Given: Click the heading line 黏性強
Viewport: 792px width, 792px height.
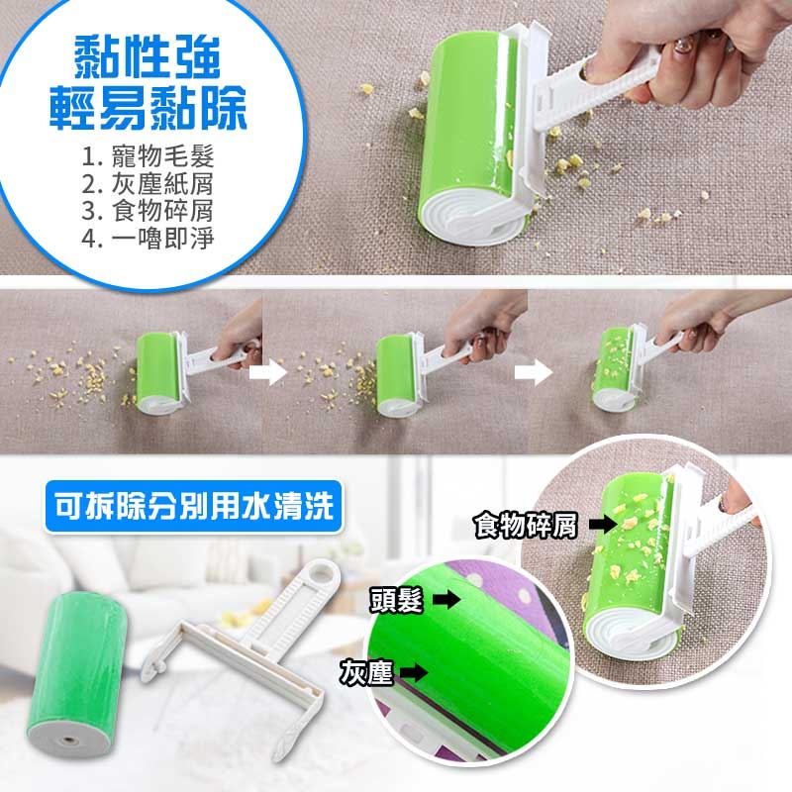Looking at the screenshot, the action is (x=147, y=57).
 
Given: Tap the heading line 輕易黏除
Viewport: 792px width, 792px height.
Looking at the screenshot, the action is (x=148, y=108).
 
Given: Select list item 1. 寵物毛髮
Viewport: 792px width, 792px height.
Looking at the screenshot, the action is (x=148, y=156).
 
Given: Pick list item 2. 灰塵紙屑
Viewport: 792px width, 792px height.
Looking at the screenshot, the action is (x=148, y=184).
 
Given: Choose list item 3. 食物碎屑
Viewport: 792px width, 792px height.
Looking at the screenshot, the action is (x=148, y=211).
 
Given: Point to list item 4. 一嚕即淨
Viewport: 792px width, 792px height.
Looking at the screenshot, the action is (x=148, y=238).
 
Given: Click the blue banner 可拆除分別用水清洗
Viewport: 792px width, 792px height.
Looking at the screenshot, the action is (x=194, y=506).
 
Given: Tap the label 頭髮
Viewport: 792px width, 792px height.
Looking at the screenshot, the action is (x=396, y=601).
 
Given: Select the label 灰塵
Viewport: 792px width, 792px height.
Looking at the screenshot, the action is (x=366, y=672).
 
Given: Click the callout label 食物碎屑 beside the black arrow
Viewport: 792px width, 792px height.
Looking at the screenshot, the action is (x=526, y=526).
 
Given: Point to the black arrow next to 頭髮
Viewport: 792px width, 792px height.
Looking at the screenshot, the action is (x=447, y=601).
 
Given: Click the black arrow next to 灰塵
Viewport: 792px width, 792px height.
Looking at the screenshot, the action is (x=415, y=672).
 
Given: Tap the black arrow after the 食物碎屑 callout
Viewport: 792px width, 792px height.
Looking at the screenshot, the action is (x=603, y=525).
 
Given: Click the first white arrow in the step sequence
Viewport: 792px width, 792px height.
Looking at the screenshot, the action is (x=268, y=373).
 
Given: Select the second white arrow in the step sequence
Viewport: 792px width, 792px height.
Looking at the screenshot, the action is (x=534, y=373).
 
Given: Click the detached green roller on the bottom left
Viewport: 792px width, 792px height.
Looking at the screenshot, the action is (x=76, y=674).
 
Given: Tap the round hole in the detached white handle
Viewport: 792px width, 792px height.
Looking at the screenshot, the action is (x=324, y=573).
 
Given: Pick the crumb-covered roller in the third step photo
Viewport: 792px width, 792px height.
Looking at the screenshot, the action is (x=613, y=367).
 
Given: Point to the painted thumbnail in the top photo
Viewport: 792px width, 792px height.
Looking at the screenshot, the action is (x=683, y=47).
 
